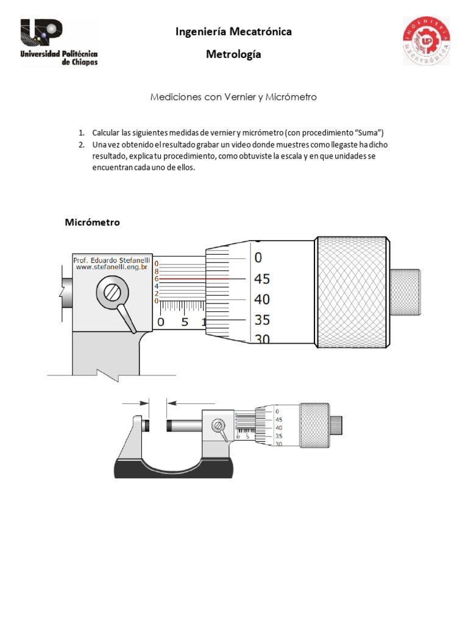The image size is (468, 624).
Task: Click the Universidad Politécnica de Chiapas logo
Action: click(x=58, y=41)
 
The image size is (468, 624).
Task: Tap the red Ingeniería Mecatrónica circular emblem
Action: click(x=426, y=41)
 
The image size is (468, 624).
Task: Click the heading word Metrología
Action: click(x=233, y=55)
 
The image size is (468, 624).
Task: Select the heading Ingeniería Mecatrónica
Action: click(x=233, y=32)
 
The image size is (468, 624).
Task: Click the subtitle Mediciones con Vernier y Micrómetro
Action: click(x=233, y=97)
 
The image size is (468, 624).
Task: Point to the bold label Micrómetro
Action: click(x=93, y=222)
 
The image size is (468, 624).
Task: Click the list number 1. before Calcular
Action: click(x=80, y=133)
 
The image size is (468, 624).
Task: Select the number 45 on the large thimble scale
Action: click(x=261, y=279)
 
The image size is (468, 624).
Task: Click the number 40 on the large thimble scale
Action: click(x=261, y=300)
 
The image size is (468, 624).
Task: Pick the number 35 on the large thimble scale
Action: click(x=261, y=320)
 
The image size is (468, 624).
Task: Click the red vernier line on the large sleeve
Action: click(x=183, y=278)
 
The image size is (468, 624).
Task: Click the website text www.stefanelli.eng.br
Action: click(x=112, y=267)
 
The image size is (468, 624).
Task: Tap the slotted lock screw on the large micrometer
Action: click(x=112, y=292)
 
